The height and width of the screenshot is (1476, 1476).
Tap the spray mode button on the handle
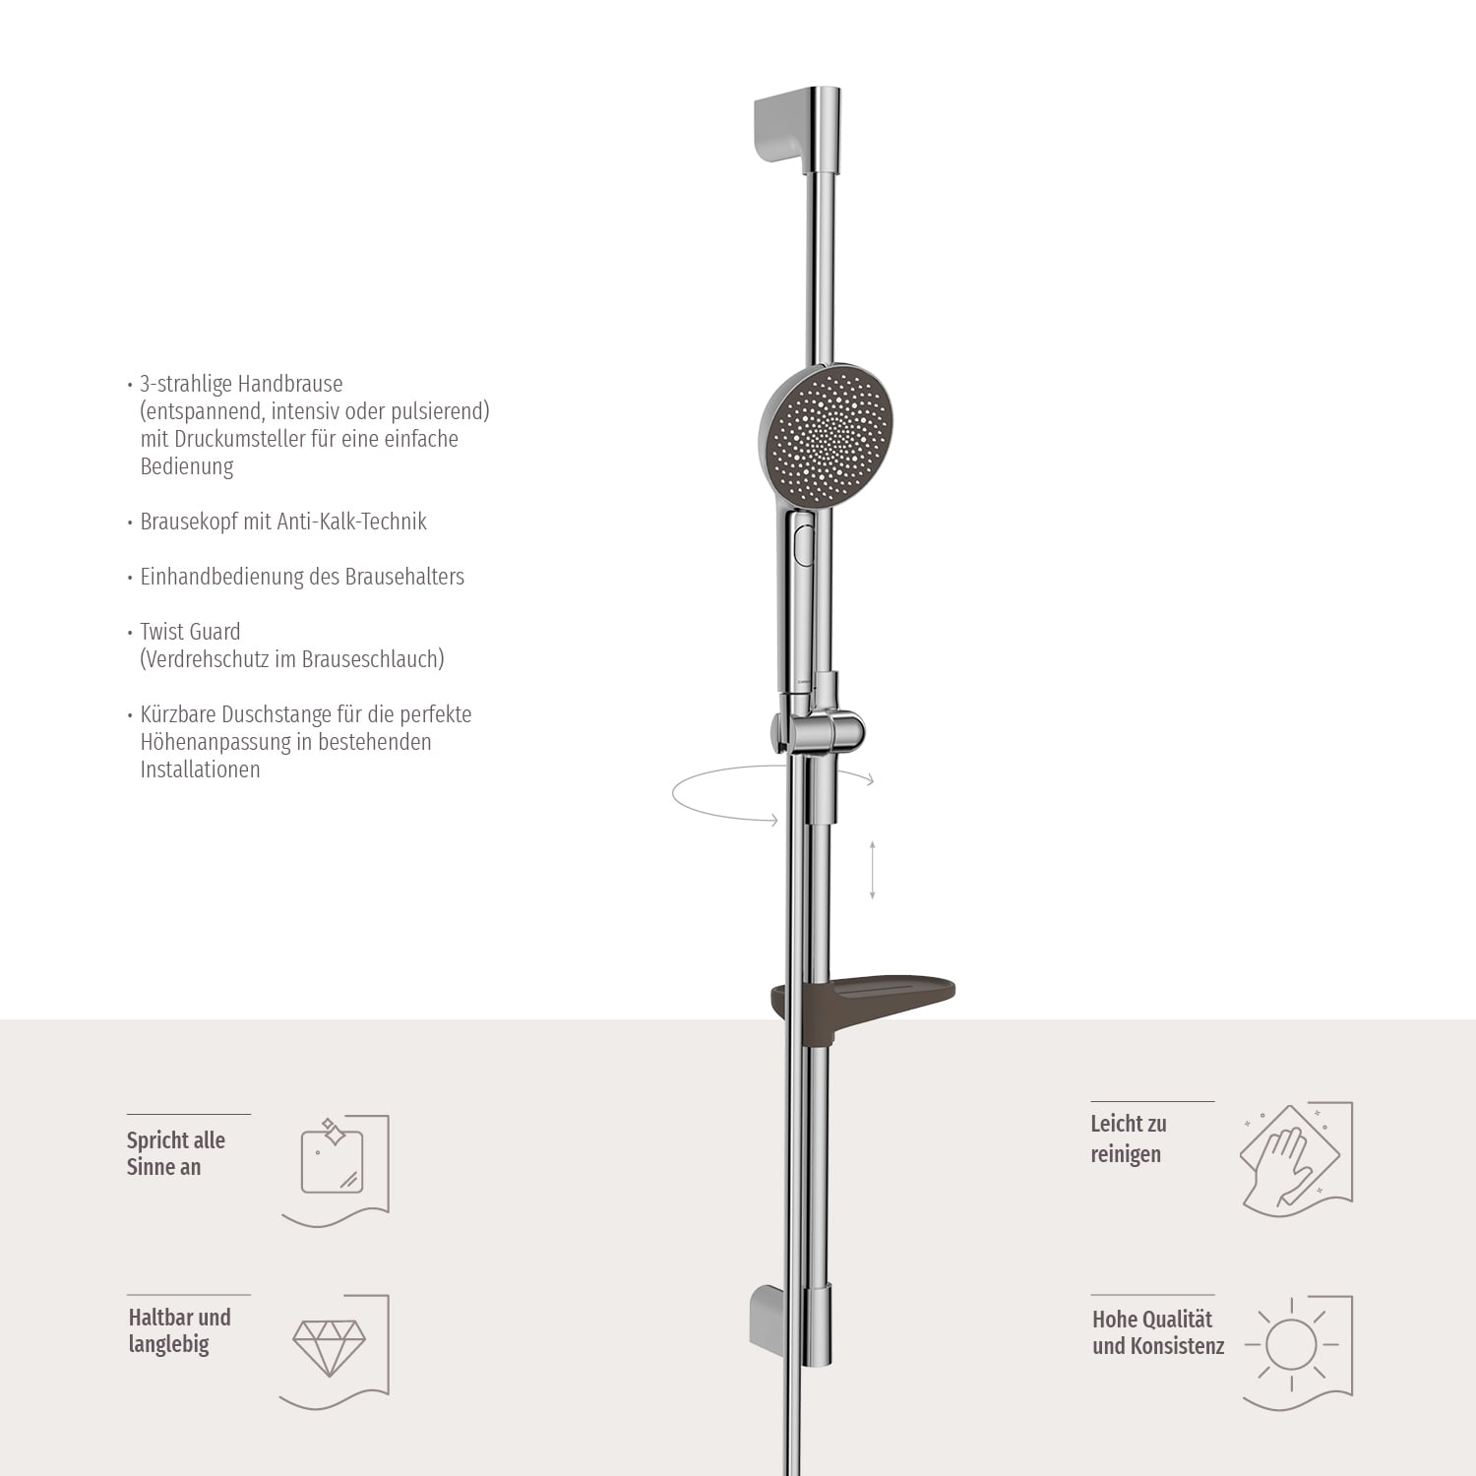802,544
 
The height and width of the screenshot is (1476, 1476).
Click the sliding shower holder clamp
819,730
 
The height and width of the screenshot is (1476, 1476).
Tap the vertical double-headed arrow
872,870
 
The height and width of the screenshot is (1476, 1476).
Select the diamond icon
330,1346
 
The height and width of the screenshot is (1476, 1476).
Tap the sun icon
1291,1344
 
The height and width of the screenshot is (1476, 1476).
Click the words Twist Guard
190,632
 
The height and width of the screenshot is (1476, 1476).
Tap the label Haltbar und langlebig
179,1330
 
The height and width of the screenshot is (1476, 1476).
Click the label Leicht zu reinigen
1128,1138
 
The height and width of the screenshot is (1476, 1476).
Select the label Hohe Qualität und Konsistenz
1157,1332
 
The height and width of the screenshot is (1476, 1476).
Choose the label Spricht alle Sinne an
175,1153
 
